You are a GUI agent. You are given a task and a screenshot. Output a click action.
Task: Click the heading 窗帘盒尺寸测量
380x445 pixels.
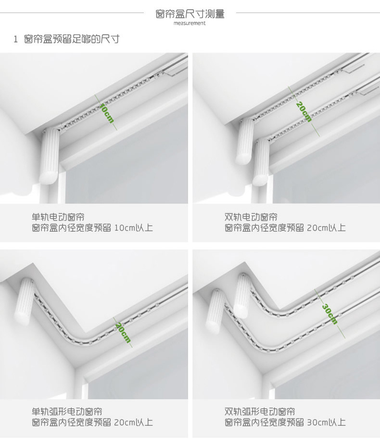coord(190,13)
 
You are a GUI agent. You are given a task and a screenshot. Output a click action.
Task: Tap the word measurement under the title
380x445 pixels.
coord(190,23)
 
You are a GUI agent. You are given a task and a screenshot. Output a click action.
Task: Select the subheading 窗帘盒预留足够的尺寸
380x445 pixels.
coord(72,39)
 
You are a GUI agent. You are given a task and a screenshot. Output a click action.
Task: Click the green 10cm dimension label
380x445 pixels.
coord(107,113)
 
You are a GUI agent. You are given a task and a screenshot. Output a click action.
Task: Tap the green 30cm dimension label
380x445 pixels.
coord(329,314)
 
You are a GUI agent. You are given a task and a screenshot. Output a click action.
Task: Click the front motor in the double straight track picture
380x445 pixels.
coord(261,162)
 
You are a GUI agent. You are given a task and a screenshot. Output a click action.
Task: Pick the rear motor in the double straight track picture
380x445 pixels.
coord(244,141)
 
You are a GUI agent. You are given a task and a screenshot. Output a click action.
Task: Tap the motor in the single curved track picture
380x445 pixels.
coord(24,301)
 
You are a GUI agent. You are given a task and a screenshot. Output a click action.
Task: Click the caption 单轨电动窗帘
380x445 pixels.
coord(58,217)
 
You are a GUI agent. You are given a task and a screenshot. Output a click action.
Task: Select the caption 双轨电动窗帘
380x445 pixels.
coord(251,217)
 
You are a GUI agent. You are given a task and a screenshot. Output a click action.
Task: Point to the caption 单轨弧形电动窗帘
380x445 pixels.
coord(67,411)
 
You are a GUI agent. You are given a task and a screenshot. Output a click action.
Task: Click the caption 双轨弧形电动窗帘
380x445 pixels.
coord(260,411)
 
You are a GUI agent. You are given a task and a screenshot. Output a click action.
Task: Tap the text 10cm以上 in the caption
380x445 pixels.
coord(133,228)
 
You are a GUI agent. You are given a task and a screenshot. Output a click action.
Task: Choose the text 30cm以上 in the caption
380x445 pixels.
coord(327,422)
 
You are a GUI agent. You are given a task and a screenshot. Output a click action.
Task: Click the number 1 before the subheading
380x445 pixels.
coord(16,39)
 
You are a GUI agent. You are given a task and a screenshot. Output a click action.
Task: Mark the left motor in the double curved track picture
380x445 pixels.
coord(217,312)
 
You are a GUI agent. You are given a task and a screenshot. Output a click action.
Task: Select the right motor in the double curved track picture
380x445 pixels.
coord(242,295)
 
